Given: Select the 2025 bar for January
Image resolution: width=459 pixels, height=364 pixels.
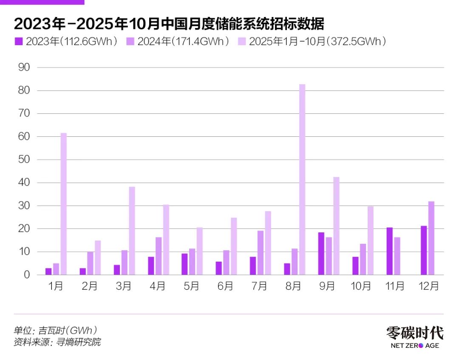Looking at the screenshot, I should (64, 204).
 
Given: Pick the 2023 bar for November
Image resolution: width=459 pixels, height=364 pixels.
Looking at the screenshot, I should (390, 251).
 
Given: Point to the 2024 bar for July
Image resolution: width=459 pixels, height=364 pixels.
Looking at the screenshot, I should (261, 253).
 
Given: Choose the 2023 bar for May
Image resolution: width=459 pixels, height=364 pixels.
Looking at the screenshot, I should (184, 264).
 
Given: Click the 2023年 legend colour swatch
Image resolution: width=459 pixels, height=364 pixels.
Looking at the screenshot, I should (18, 42).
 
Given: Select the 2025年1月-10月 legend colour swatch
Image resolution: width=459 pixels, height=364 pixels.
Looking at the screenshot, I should (241, 42).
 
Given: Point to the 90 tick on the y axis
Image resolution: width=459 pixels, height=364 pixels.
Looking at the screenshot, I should (24, 68).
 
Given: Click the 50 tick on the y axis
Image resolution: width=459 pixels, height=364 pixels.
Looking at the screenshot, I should (24, 160).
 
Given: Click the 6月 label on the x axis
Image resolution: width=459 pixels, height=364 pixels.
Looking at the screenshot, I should (225, 287).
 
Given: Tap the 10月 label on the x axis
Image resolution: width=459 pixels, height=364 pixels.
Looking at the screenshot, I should (361, 287).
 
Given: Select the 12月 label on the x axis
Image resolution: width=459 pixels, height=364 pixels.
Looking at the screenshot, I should (429, 287).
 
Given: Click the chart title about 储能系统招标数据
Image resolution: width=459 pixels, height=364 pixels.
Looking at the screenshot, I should (169, 24).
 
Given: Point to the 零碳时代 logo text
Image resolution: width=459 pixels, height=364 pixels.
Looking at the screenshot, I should (415, 333).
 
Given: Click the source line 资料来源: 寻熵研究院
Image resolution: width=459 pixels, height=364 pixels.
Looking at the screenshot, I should (57, 342).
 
